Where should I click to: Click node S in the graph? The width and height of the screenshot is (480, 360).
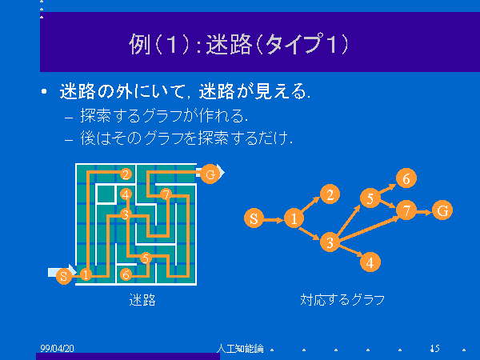[x=254, y=218]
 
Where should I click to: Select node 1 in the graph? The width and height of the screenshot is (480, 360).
[x=294, y=218]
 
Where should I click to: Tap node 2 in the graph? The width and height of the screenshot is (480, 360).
[x=330, y=194]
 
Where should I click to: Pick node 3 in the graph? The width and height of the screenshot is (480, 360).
[x=330, y=242]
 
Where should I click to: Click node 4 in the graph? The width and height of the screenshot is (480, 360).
[x=370, y=262]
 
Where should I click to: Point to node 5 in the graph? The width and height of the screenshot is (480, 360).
[x=370, y=198]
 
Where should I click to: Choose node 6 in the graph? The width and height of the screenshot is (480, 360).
[x=406, y=178]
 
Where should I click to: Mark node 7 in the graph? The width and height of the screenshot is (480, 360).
[x=406, y=210]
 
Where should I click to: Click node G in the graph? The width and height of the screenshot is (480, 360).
[x=442, y=210]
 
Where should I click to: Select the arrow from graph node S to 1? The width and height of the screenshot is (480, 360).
[x=274, y=220]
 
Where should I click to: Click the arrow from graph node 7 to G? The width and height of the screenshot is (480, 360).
[x=424, y=211]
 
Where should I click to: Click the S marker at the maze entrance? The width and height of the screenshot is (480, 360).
[x=64, y=276]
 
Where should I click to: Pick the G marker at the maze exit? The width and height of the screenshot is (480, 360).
[x=210, y=174]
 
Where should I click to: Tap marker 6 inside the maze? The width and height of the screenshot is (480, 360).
[x=126, y=274]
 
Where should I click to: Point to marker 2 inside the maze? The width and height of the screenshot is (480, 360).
[x=126, y=174]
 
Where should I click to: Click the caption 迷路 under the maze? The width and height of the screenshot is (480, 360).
[x=142, y=300]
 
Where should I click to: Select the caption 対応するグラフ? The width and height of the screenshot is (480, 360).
[x=342, y=299]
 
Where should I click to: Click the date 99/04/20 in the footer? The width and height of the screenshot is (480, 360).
[x=57, y=348]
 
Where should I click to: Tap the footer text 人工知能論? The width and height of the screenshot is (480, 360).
[x=240, y=348]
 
